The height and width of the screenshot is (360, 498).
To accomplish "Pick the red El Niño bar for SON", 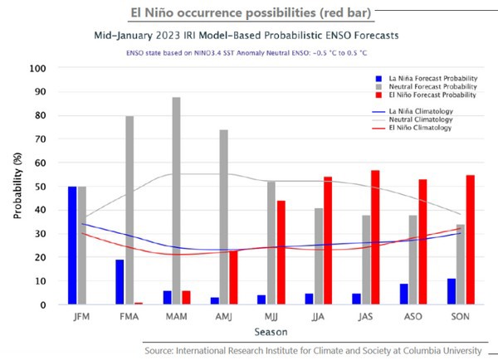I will pyautogui.click(x=470, y=240).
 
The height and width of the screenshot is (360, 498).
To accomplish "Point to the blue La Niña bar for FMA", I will pyautogui.click(x=120, y=282).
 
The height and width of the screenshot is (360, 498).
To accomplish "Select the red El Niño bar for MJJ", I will pyautogui.click(x=281, y=252).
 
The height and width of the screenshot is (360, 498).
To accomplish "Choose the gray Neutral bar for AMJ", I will pyautogui.click(x=223, y=216).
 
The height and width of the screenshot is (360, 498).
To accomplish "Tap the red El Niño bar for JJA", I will pyautogui.click(x=328, y=241).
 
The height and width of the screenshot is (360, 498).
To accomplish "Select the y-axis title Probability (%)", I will pyautogui.click(x=17, y=186).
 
